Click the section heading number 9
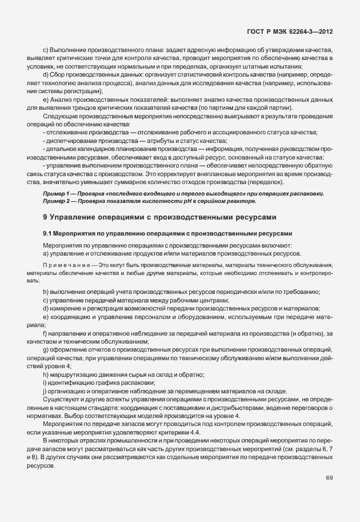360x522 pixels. click(45, 217)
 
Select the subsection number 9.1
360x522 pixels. click(48, 233)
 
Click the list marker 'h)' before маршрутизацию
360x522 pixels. click(46, 374)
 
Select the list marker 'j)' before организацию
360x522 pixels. click(45, 391)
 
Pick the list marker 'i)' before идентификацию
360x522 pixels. click(45, 382)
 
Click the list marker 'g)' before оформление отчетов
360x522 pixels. click(46, 349)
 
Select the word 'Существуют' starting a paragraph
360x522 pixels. click(61, 399)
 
